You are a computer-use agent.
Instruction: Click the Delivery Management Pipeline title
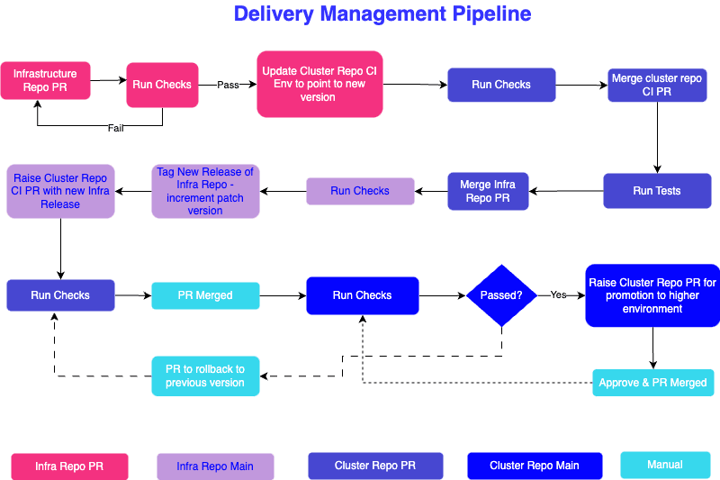[382, 14]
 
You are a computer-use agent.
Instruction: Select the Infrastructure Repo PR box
[45, 81]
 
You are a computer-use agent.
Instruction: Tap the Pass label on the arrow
[229, 85]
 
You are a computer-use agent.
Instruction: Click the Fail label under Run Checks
[115, 128]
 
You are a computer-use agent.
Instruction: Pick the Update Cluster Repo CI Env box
[319, 84]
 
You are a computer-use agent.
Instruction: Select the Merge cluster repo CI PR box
[656, 85]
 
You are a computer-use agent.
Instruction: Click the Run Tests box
[656, 191]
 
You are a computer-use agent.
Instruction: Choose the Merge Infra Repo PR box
[488, 191]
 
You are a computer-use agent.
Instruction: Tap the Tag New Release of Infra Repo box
[205, 191]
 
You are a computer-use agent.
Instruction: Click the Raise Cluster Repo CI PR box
[60, 191]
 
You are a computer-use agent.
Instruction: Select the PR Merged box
[205, 295]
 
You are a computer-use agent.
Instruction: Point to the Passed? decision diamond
[500, 295]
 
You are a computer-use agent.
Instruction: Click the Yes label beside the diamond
[559, 294]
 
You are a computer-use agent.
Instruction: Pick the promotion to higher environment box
[652, 295]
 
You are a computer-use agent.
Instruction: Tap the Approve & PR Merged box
[652, 383]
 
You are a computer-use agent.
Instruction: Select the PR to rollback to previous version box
[205, 376]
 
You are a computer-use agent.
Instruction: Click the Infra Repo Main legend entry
[215, 466]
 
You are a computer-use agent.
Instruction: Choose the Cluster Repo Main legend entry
[534, 466]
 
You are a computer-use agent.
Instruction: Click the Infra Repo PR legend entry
[69, 466]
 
